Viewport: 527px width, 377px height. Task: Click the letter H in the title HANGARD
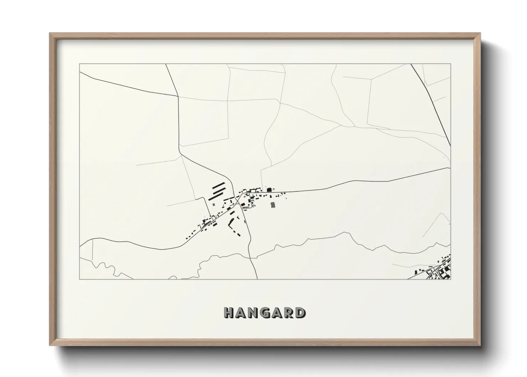click(x=229, y=313)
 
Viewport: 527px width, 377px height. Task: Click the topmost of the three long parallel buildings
click(x=219, y=185)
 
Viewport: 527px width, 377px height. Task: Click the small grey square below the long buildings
click(x=213, y=205)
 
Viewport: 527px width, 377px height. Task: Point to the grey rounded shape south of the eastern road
click(x=273, y=205)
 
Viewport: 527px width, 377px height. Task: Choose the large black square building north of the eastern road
click(x=269, y=190)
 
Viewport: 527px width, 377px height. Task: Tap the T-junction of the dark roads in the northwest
click(x=178, y=96)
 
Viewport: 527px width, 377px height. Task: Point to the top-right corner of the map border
click(x=450, y=64)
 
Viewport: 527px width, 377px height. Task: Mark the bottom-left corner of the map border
click(x=79, y=279)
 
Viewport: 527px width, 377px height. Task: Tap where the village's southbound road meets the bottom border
click(x=257, y=279)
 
